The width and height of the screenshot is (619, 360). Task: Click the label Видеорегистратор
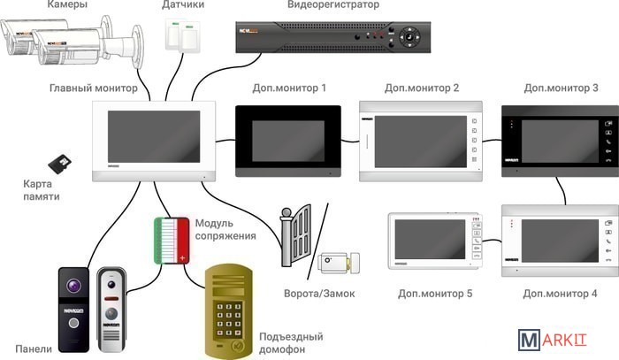pyautogui.click(x=333, y=5)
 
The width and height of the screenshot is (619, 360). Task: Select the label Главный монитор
pyautogui.click(x=94, y=88)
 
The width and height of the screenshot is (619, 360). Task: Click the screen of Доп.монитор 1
pyautogui.click(x=287, y=140)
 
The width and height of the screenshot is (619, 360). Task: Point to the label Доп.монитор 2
pyautogui.click(x=422, y=88)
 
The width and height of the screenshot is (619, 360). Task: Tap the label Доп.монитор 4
pyautogui.click(x=560, y=293)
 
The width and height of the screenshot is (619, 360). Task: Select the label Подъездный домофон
pyautogui.click(x=291, y=343)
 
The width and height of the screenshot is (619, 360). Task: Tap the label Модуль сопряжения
pyautogui.click(x=225, y=230)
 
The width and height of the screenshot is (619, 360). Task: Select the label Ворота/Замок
pyautogui.click(x=318, y=293)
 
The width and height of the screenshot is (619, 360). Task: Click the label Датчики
pyautogui.click(x=184, y=5)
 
